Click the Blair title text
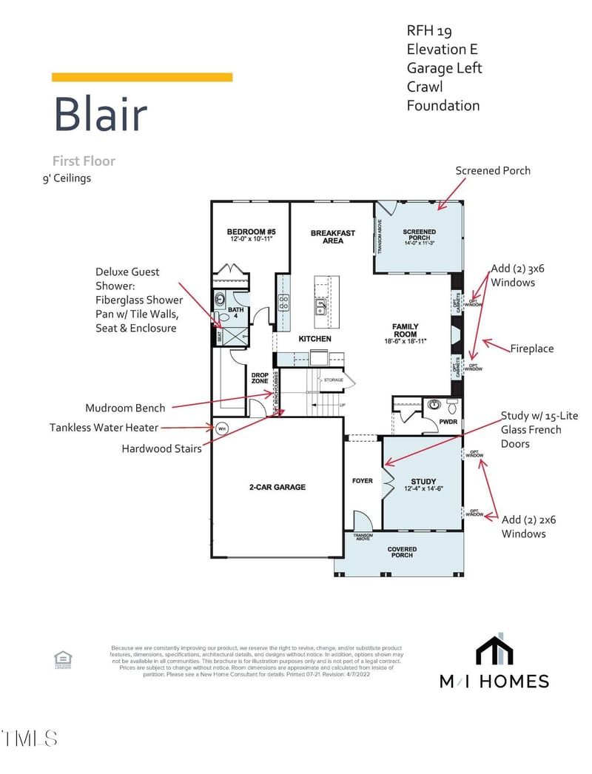click(101, 115)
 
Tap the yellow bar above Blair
click(142, 77)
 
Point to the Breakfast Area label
click(333, 237)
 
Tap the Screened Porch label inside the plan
click(420, 236)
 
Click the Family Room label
click(406, 331)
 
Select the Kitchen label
click(314, 339)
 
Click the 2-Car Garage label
click(277, 487)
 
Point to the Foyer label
click(363, 481)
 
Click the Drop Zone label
click(260, 378)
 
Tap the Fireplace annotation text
click(531, 349)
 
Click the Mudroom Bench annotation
click(125, 408)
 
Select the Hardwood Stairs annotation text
click(161, 448)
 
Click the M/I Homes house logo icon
click(494, 651)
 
